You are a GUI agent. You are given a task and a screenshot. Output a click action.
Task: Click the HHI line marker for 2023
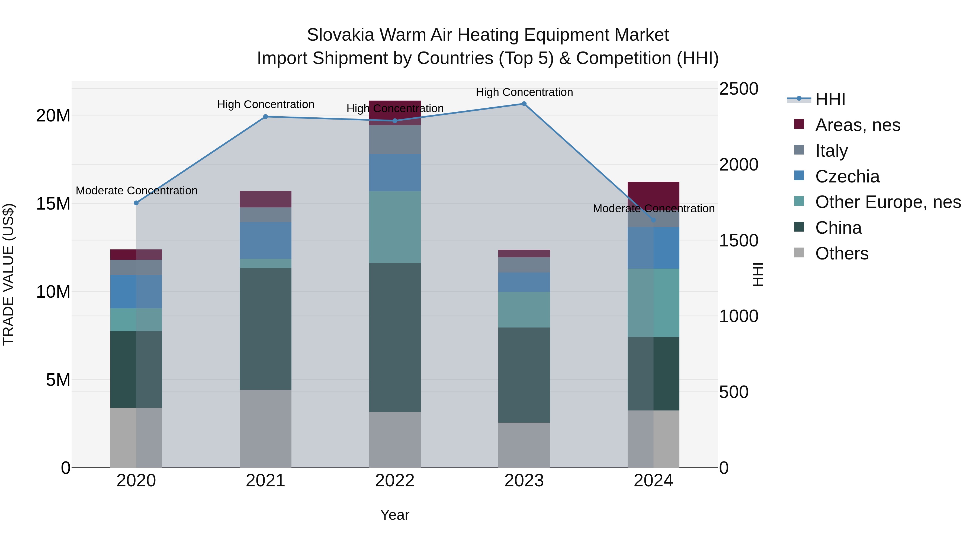(x=524, y=104)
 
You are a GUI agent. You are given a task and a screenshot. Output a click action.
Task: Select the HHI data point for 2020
(x=136, y=203)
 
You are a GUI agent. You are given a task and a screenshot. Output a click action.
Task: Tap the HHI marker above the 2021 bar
(x=266, y=117)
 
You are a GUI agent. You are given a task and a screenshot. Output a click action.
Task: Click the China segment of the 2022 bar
(x=395, y=337)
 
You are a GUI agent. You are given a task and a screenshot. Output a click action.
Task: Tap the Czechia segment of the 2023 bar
(x=524, y=282)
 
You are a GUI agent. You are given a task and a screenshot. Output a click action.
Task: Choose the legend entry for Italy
(x=831, y=151)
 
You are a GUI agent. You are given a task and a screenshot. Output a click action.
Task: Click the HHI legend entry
(x=830, y=99)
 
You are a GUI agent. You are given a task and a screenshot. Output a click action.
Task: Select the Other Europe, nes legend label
(x=888, y=202)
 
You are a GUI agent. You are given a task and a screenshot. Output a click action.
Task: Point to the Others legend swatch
(x=799, y=253)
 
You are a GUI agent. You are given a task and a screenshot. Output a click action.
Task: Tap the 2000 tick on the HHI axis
(x=739, y=165)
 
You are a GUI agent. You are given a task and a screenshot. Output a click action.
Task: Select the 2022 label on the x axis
(x=395, y=481)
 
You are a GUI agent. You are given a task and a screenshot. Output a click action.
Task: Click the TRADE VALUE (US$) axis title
(x=8, y=274)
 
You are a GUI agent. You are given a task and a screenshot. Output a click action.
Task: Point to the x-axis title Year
(x=395, y=515)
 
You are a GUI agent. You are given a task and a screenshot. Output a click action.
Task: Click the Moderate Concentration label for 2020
(x=136, y=191)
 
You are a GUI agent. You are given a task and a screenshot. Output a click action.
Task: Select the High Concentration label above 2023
(x=524, y=92)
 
